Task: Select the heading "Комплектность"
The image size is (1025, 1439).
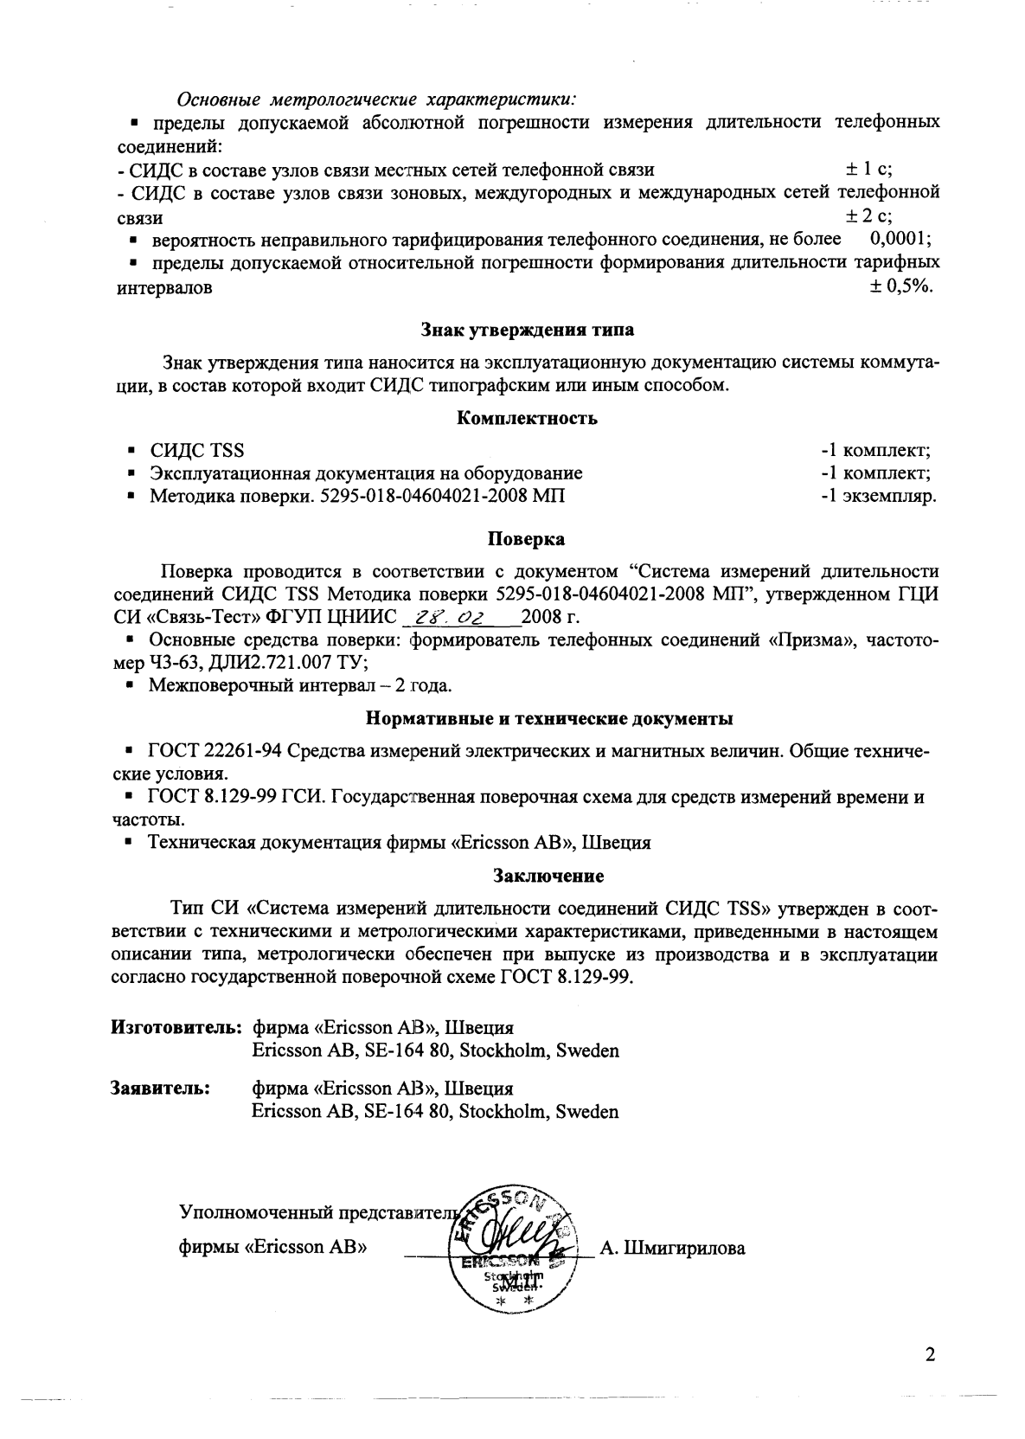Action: coord(527,419)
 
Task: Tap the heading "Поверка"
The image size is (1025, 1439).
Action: coord(527,539)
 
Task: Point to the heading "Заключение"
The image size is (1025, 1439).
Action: coord(548,876)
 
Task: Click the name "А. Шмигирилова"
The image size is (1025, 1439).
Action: coord(672,1248)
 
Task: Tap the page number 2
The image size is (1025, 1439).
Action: coord(930,1354)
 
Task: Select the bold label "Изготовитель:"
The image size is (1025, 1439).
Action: coord(176,1028)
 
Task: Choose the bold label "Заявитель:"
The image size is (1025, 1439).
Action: coord(161,1088)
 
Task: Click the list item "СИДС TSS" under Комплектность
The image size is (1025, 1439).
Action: coord(197,450)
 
